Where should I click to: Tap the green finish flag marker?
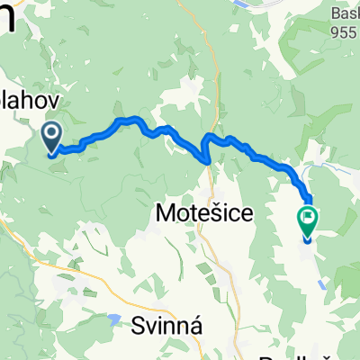[307, 219]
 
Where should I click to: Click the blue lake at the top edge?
[243, 4]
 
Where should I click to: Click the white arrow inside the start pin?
[51, 136]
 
